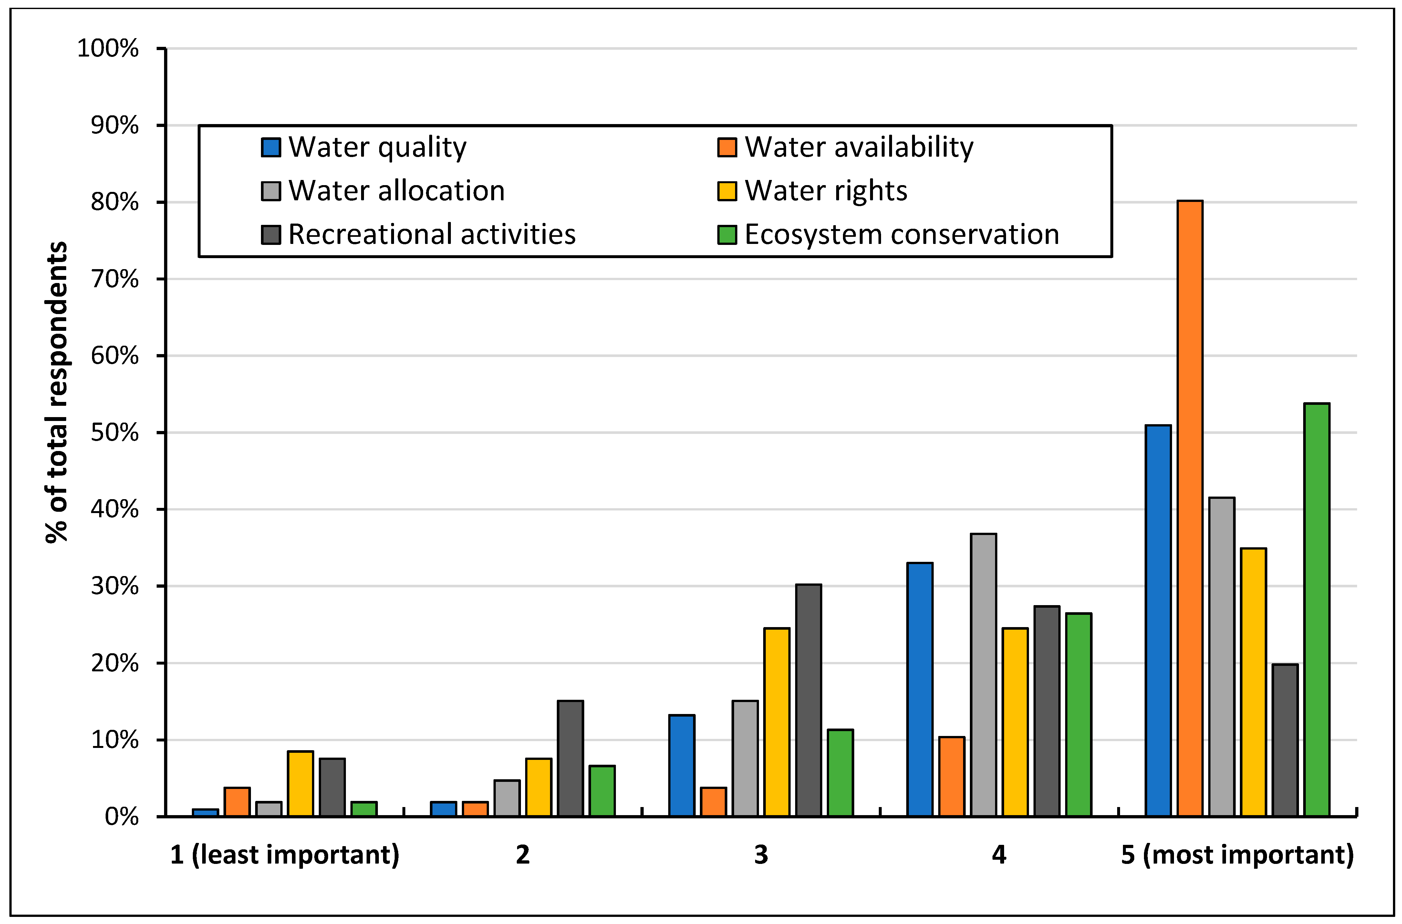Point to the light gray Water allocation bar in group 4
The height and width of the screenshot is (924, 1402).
(x=983, y=675)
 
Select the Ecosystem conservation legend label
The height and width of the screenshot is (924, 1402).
(x=901, y=235)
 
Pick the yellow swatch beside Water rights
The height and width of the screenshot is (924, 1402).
(x=727, y=191)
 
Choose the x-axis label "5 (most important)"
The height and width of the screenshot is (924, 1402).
(x=1237, y=855)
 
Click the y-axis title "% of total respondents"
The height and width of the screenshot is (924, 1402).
(x=57, y=392)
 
